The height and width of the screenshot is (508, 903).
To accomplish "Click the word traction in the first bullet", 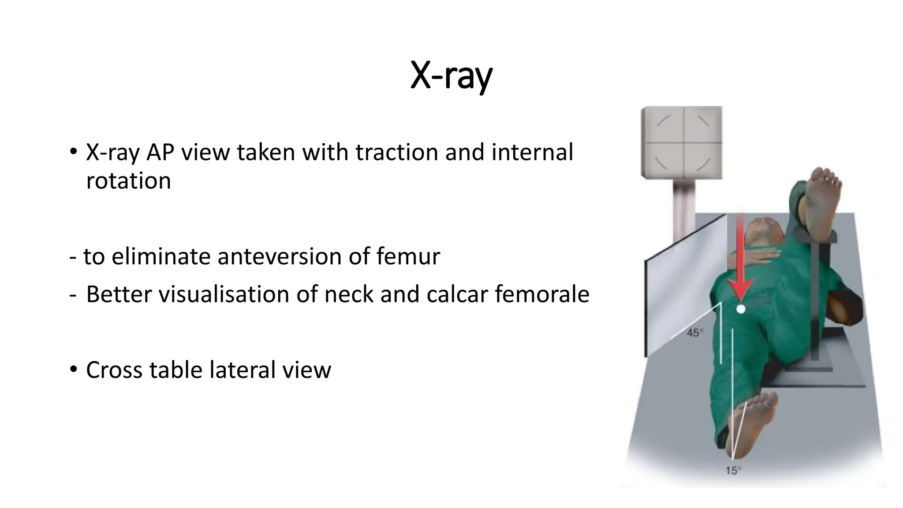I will [x=397, y=152].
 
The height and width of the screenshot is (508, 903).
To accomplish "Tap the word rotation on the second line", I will [x=128, y=181].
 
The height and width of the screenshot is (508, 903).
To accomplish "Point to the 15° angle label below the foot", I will [x=733, y=471].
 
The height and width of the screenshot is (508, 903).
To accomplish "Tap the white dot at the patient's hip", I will [x=741, y=309].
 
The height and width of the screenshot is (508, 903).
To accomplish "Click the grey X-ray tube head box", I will [x=682, y=142].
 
